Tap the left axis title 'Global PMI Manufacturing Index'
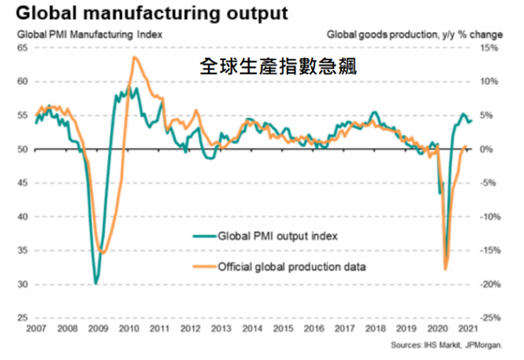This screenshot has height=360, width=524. (88, 34)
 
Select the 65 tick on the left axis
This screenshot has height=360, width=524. (22, 48)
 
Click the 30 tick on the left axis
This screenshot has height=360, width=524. (22, 285)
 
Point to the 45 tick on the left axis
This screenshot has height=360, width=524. (22, 183)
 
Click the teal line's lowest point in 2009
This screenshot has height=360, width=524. (96, 283)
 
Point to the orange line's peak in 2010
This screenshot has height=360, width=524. (134, 58)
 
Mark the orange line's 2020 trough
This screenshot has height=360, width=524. (445, 269)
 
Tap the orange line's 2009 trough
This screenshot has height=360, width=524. (102, 252)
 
